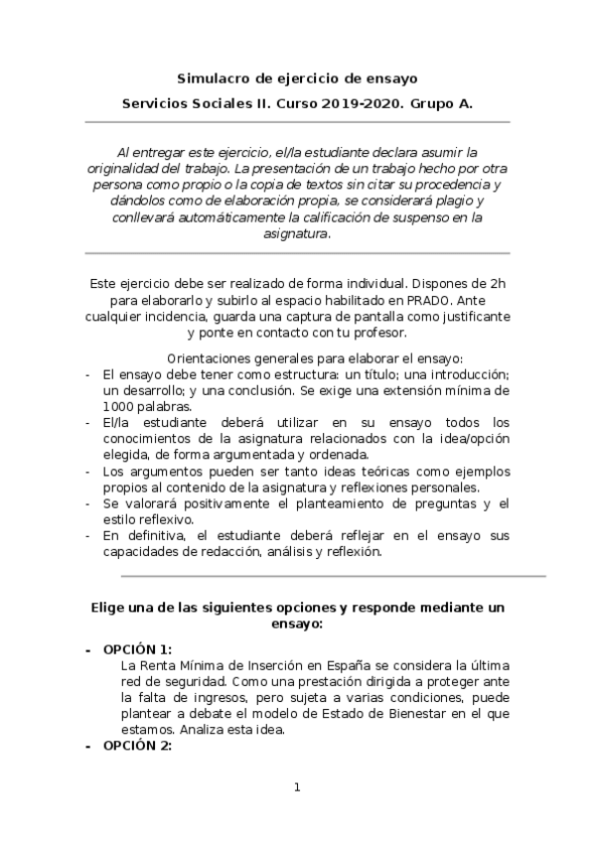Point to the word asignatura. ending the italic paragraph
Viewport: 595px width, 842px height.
(x=298, y=234)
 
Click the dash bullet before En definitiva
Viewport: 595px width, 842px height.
(x=88, y=536)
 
